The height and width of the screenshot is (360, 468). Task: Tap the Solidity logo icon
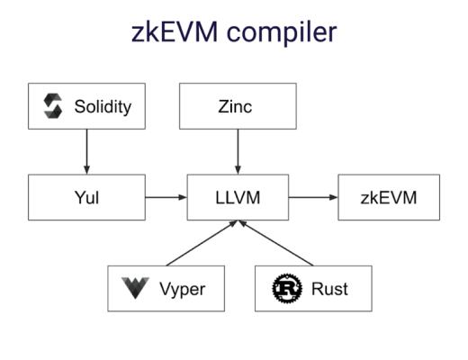53,106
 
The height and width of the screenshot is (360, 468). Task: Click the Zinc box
238,106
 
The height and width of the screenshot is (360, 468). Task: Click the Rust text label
329,289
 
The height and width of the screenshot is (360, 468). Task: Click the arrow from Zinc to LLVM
238,151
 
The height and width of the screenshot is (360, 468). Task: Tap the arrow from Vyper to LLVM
200,244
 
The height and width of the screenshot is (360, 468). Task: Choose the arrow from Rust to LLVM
276,244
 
